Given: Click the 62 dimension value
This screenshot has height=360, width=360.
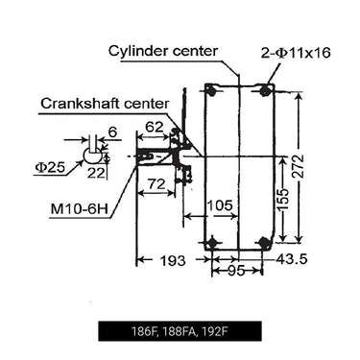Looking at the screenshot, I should tap(154, 125).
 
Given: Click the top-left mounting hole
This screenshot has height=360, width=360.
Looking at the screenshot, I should tap(210, 91).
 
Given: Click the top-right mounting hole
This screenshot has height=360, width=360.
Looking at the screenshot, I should tap(266, 91).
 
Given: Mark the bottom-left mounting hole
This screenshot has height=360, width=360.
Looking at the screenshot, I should tap(210, 243).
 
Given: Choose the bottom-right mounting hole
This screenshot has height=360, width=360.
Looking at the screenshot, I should tap(266, 243).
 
